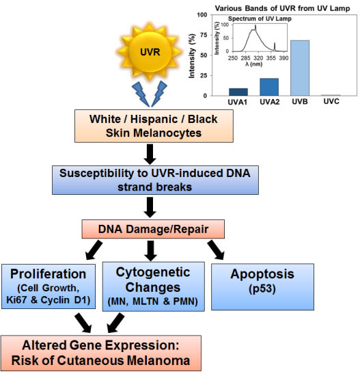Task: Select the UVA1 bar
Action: tap(238, 92)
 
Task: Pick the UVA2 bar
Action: tap(268, 87)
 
